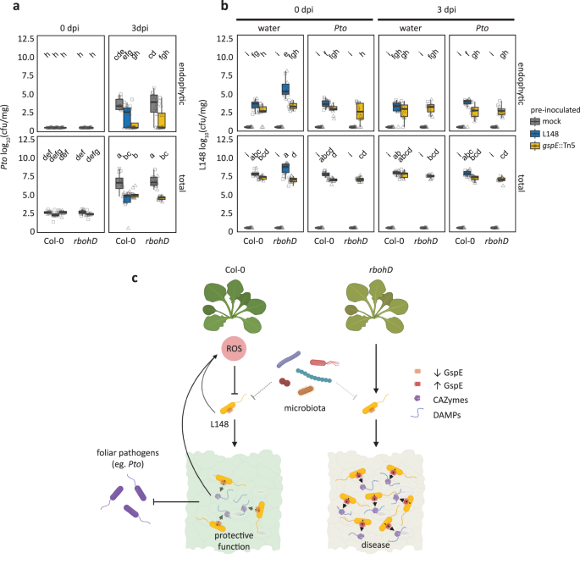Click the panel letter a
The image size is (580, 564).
coord(6,6)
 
